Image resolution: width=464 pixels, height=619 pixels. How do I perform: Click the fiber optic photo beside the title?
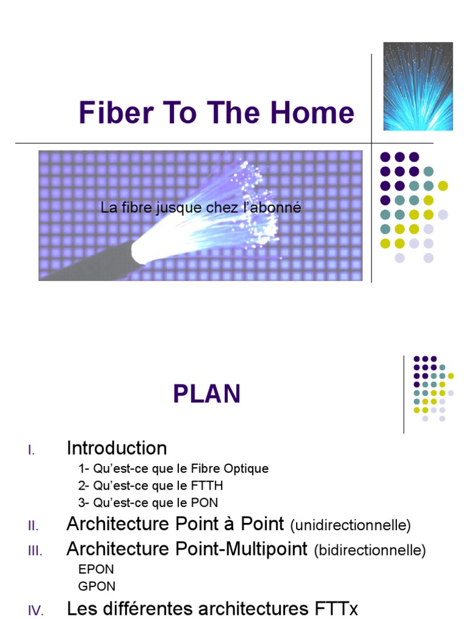pos(418,86)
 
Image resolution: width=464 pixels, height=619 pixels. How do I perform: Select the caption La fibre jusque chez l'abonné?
pos(201,209)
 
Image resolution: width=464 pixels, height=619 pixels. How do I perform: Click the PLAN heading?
pos(207,394)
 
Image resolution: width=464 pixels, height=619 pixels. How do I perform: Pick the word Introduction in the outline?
pos(117,449)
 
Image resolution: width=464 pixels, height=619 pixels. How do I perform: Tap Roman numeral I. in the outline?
pos(31,450)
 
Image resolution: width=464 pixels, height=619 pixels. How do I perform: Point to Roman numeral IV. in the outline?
pos(35,611)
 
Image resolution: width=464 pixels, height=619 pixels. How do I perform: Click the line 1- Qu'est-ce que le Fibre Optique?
pos(173,468)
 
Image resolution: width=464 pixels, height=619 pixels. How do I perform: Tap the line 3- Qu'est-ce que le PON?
pos(148,502)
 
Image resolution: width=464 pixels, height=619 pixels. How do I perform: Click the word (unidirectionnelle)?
pos(350,525)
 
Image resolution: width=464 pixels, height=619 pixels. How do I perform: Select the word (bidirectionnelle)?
pos(370,551)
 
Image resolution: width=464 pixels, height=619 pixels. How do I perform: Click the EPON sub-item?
pos(96,569)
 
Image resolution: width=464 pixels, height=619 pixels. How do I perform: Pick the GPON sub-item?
pos(97,586)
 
